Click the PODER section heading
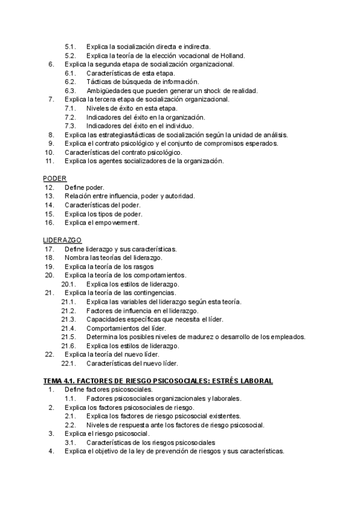point(55,178)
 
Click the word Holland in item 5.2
point(232,55)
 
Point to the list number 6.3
point(70,91)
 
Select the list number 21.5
point(68,337)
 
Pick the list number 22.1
point(68,363)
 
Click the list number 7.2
point(70,117)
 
